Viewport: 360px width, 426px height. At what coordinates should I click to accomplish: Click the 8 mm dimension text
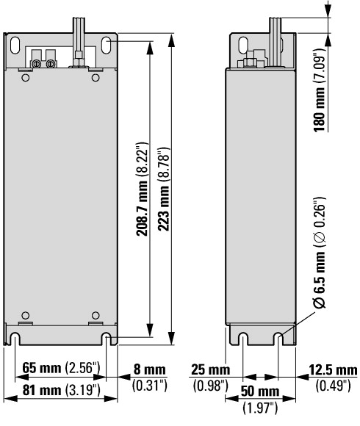pyautogui.click(x=149, y=369)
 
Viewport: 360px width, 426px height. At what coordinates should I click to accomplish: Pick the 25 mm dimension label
pyautogui.click(x=210, y=369)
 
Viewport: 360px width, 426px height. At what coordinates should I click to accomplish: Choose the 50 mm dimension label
pyautogui.click(x=260, y=391)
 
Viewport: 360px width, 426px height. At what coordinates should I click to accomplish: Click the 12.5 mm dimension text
pyautogui.click(x=333, y=369)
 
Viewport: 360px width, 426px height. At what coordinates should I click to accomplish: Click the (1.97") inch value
pyautogui.click(x=260, y=408)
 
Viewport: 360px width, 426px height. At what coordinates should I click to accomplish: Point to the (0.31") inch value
pyautogui.click(x=149, y=386)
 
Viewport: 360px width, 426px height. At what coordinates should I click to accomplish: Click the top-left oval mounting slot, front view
pyautogui.click(x=15, y=45)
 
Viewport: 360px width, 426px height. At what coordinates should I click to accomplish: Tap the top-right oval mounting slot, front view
pyautogui.click(x=106, y=45)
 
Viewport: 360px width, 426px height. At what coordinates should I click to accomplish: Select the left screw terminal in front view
pyautogui.click(x=36, y=64)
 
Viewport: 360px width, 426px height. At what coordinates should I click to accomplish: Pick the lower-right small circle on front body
pyautogui.click(x=96, y=315)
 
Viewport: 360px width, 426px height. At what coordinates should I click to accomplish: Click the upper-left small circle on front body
pyautogui.click(x=25, y=78)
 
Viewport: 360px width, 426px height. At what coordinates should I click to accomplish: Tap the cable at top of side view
pyautogui.click(x=276, y=42)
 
